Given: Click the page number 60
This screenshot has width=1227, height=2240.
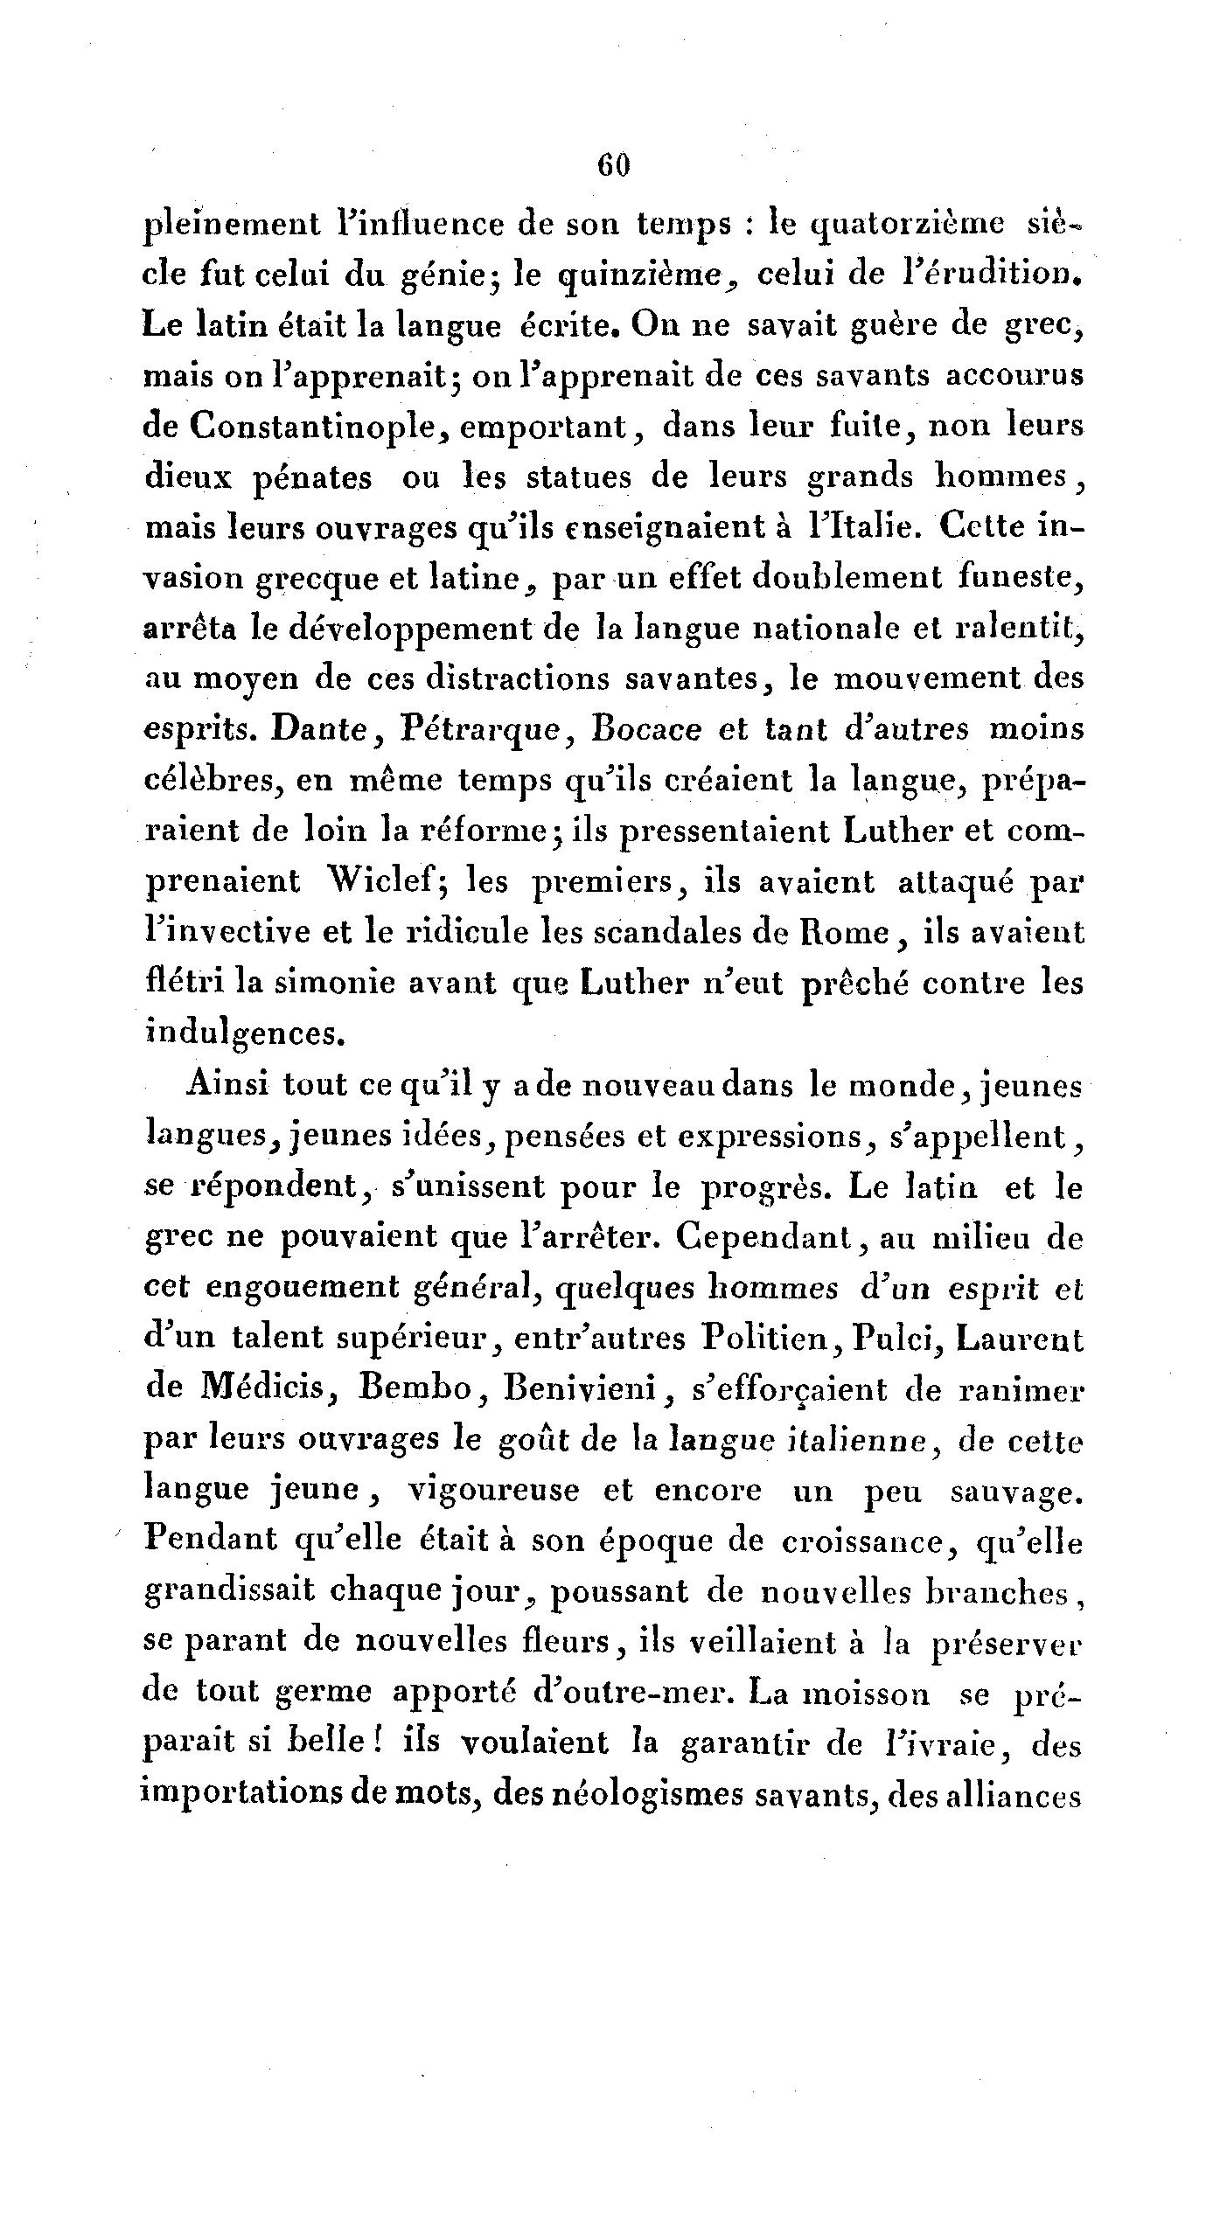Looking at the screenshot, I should coord(613,166).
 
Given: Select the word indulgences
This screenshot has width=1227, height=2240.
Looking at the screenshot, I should coord(240,1033).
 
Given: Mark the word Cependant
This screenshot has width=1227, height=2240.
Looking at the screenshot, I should coord(787,1236).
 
